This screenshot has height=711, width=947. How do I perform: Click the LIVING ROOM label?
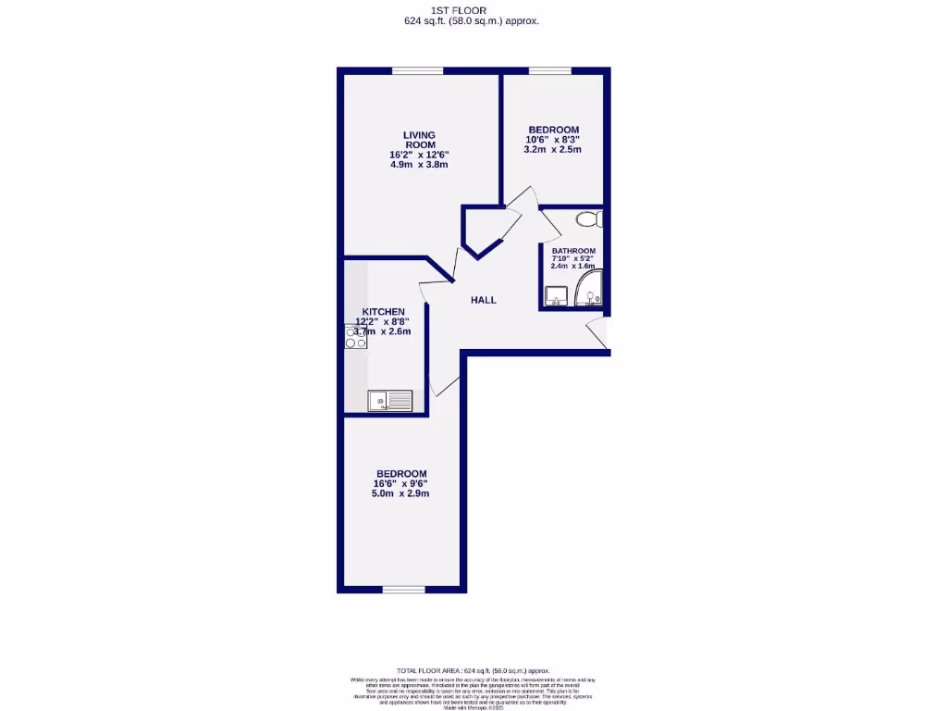pyautogui.click(x=419, y=140)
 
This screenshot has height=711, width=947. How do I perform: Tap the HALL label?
pyautogui.click(x=483, y=300)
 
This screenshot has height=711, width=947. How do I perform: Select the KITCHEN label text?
pyautogui.click(x=383, y=311)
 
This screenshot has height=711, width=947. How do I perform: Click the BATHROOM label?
pyautogui.click(x=573, y=251)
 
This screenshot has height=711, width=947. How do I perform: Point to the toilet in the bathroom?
pyautogui.click(x=588, y=219)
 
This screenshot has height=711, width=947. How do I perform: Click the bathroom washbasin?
pyautogui.click(x=556, y=295)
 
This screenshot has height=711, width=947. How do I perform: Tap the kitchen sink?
pyautogui.click(x=390, y=400)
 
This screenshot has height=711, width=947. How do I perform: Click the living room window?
pyautogui.click(x=416, y=71)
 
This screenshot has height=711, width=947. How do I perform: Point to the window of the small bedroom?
pyautogui.click(x=549, y=71)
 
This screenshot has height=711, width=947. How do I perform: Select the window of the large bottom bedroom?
pyautogui.click(x=403, y=589)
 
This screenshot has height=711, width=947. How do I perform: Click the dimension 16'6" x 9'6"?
pyautogui.click(x=401, y=483)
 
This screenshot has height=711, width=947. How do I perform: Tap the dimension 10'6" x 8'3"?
pyautogui.click(x=554, y=139)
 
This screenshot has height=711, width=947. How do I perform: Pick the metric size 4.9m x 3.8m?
pyautogui.click(x=419, y=165)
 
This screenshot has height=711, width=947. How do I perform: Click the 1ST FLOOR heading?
pyautogui.click(x=472, y=10)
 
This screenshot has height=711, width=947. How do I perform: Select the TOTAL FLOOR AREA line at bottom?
pyautogui.click(x=473, y=670)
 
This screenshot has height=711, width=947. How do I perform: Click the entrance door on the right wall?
pyautogui.click(x=601, y=333)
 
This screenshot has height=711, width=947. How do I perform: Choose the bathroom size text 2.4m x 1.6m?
pyautogui.click(x=573, y=266)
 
